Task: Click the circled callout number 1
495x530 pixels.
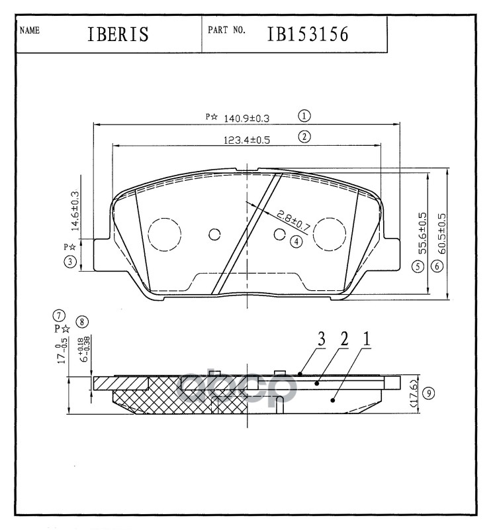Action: pos(304,116)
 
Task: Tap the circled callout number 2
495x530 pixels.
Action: pos(304,137)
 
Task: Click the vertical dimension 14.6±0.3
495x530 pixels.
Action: pos(75,210)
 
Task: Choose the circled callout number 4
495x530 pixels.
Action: pos(296,242)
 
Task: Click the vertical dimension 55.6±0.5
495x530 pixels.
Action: pos(422,230)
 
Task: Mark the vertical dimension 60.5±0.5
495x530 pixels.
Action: pos(441,230)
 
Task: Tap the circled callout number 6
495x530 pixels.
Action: pos(437,266)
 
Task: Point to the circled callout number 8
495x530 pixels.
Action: pos(81,322)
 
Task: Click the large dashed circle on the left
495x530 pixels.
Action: pos(163,235)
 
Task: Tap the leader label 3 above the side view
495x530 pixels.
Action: pos(321,339)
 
